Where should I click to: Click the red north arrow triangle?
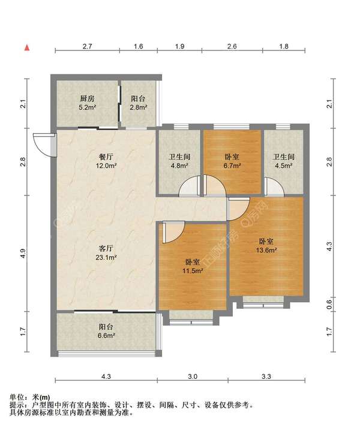(x=27, y=48)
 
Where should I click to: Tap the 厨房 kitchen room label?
(x=87, y=98)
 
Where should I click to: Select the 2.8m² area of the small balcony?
(x=139, y=107)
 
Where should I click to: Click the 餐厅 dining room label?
(x=106, y=157)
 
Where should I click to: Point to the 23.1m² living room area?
(x=106, y=258)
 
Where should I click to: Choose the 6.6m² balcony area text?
(x=106, y=336)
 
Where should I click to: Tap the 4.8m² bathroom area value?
(x=179, y=166)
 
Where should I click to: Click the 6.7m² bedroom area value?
(x=232, y=166)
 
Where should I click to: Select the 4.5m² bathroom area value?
(x=283, y=166)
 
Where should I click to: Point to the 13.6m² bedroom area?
(x=266, y=251)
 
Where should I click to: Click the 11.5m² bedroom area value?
(x=193, y=272)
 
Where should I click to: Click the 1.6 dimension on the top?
(x=139, y=46)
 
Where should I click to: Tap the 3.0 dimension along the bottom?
(x=193, y=376)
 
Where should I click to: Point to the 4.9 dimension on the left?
(x=23, y=253)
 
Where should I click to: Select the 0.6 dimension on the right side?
(x=330, y=304)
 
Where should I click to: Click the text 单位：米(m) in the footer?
(x=30, y=397)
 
